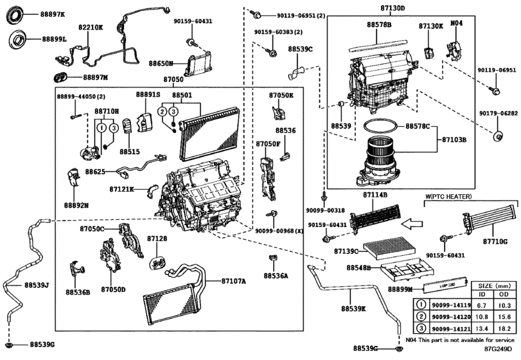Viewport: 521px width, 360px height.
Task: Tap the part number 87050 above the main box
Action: point(173,80)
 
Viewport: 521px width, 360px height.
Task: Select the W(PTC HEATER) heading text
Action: point(448,195)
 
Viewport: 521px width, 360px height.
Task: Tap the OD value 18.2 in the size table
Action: point(504,327)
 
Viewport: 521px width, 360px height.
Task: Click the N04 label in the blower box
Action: point(456,24)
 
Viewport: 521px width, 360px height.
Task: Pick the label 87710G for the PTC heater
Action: point(495,241)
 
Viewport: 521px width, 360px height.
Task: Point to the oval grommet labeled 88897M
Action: point(62,77)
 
